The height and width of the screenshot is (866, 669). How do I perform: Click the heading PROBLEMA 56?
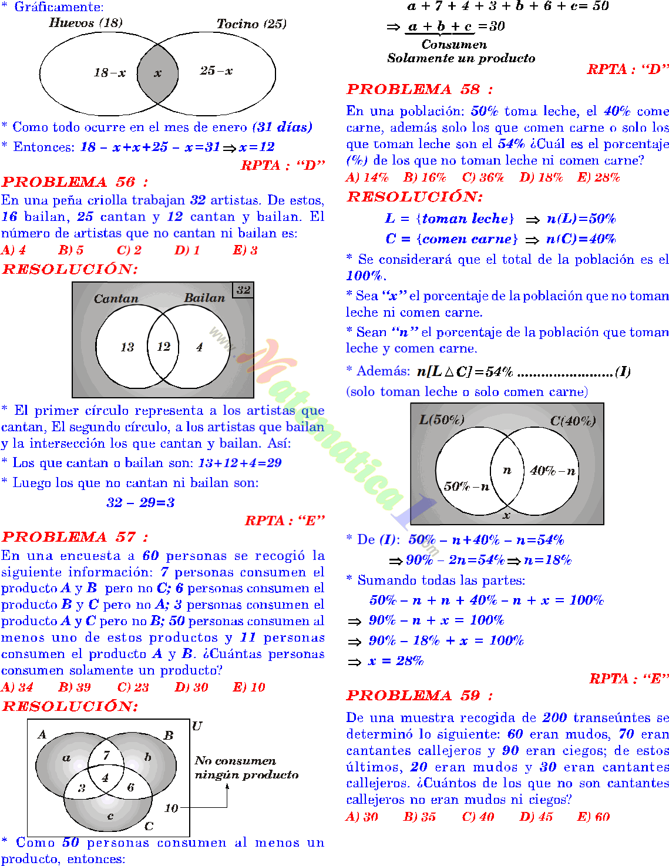pyautogui.click(x=75, y=182)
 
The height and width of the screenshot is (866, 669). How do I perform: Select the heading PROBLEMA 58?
pyautogui.click(x=419, y=89)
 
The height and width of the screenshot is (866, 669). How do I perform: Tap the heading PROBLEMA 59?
pyautogui.click(x=419, y=696)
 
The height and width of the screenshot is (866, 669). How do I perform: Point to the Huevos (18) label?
pyautogui.click(x=86, y=23)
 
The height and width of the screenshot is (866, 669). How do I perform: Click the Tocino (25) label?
pyautogui.click(x=251, y=24)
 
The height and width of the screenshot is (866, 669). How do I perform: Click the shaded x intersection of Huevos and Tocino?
pyautogui.click(x=157, y=73)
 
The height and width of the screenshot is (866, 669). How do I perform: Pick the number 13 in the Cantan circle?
pyautogui.click(x=127, y=347)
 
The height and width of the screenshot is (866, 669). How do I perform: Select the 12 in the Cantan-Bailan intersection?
pyautogui.click(x=164, y=347)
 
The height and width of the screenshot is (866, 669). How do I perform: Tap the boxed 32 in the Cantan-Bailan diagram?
pyautogui.click(x=243, y=290)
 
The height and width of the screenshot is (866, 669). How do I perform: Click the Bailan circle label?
pyautogui.click(x=204, y=298)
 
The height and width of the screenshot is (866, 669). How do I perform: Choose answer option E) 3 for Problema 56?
pyautogui.click(x=246, y=250)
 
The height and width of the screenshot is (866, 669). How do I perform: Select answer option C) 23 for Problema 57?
pyautogui.click(x=133, y=687)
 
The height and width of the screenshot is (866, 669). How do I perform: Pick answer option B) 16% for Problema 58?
pyautogui.click(x=425, y=177)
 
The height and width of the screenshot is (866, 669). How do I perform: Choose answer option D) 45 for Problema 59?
pyautogui.click(x=536, y=817)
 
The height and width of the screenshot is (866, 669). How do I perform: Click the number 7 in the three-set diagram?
pyautogui.click(x=106, y=756)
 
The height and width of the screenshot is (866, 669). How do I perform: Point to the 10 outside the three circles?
pyautogui.click(x=171, y=808)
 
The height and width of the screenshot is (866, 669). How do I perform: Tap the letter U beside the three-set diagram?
pyautogui.click(x=197, y=726)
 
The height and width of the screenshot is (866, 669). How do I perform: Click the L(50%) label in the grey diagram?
pyautogui.click(x=442, y=419)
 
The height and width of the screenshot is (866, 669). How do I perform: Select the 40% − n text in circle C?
pyautogui.click(x=553, y=471)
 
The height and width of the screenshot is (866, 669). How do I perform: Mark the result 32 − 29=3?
pyautogui.click(x=140, y=503)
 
